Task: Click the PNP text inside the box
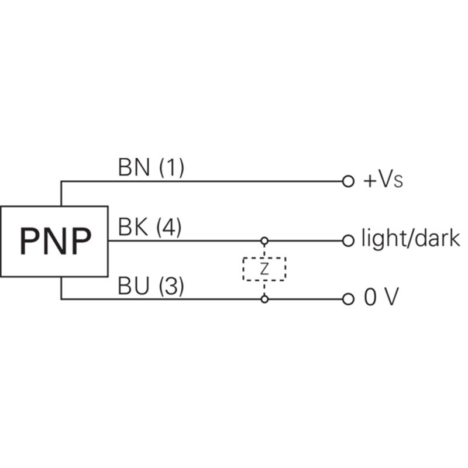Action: pos(56,241)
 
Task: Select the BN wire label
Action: pos(134,167)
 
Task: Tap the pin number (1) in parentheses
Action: pos(171,168)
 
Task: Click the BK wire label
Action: pos(133,227)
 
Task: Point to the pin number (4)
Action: pos(169,227)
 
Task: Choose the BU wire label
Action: pos(133,285)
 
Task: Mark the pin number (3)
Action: pos(171,286)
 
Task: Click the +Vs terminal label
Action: pos(383,180)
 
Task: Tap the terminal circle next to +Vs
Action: pos(348,181)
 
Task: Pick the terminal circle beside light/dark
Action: pos(348,240)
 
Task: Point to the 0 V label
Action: pos(381,297)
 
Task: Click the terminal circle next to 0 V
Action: pos(348,299)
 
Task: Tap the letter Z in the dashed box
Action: pos(264,269)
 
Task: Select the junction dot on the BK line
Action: pos(264,240)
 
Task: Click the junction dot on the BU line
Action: pos(264,299)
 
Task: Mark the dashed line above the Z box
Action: pos(264,251)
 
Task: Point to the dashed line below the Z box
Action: pos(264,288)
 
